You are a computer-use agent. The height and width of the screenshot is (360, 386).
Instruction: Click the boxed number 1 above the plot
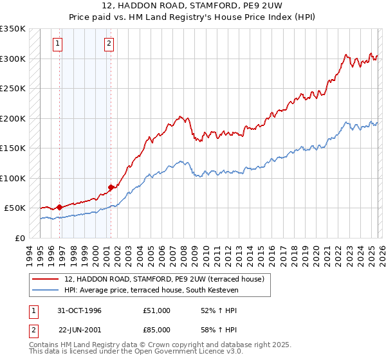(58, 44)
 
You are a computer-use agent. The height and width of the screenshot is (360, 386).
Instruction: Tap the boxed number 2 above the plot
(109, 44)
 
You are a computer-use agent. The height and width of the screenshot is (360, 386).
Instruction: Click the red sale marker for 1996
(60, 207)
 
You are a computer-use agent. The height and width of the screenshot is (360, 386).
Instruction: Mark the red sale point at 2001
(111, 187)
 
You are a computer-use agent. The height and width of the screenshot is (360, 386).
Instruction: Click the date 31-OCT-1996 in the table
(80, 310)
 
